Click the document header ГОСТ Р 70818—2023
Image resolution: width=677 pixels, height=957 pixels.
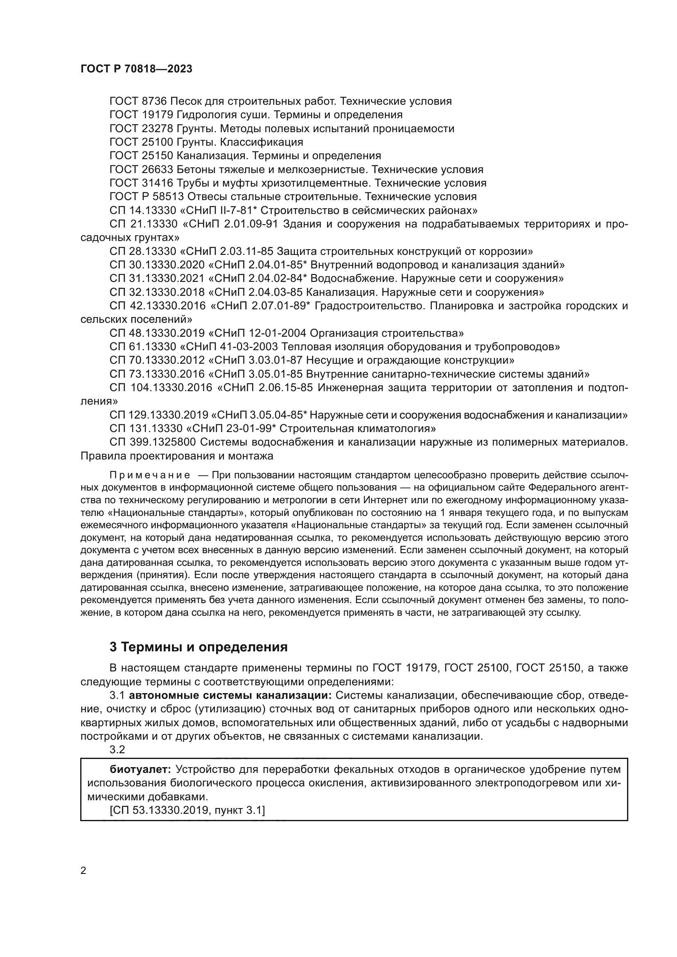(136, 69)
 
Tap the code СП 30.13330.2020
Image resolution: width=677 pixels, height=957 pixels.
(157, 265)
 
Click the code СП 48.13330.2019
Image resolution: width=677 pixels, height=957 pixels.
(157, 333)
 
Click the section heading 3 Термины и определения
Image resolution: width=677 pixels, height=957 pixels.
(199, 647)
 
